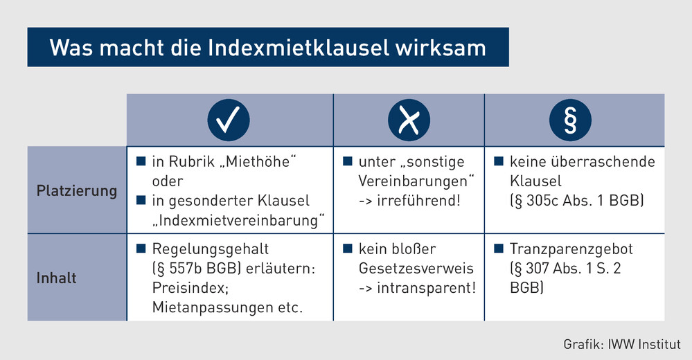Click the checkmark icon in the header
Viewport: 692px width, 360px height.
click(229, 120)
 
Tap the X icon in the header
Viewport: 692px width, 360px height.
click(409, 120)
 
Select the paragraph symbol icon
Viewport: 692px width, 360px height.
click(570, 120)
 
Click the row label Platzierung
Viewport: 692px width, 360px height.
click(77, 190)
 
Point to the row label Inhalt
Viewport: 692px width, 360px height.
click(57, 278)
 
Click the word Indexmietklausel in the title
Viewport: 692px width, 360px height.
click(299, 48)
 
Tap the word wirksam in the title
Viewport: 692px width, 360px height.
click(441, 48)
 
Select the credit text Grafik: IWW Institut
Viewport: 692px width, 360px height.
click(622, 344)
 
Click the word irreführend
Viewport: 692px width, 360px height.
click(419, 200)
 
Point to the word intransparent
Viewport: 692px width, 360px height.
click(426, 287)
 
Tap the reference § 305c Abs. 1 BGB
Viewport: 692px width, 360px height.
click(577, 200)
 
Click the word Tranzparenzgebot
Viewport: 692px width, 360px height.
click(571, 249)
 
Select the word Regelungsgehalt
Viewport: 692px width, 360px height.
click(211, 249)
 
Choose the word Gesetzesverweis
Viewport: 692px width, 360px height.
click(416, 268)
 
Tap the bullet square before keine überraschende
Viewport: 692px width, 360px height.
click(499, 161)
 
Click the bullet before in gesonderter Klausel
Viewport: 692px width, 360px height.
click(141, 200)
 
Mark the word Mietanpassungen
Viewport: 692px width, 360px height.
click(213, 307)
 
